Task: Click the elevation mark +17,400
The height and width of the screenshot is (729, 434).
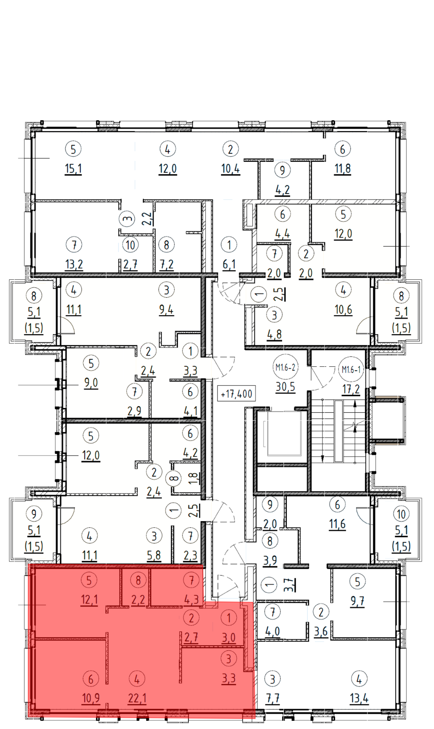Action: click(237, 394)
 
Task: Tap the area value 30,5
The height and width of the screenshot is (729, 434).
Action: click(286, 387)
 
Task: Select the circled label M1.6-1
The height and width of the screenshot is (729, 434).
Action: click(351, 370)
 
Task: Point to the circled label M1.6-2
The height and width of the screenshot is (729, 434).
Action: click(285, 368)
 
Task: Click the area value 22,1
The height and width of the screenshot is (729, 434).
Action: click(137, 698)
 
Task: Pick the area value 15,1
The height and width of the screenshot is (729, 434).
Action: click(73, 169)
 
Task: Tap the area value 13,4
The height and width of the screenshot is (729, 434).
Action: click(359, 698)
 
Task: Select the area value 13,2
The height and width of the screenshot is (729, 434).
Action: click(74, 264)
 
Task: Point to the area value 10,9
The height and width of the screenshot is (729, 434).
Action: click(91, 698)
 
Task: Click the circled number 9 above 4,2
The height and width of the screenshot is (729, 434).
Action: click(282, 170)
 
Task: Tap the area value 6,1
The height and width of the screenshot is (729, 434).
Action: click(229, 264)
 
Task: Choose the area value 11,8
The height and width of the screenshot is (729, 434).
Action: click(342, 169)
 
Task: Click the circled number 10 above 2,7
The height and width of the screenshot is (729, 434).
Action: click(131, 245)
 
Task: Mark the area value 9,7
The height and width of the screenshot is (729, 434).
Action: click(358, 601)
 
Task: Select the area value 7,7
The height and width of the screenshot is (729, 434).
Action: click(273, 698)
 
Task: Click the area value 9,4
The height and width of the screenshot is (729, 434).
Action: click(166, 309)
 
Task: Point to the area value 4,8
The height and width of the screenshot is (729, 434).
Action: click(274, 334)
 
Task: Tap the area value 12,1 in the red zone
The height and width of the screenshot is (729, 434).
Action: click(89, 599)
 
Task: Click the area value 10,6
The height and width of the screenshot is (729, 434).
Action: click(343, 309)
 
